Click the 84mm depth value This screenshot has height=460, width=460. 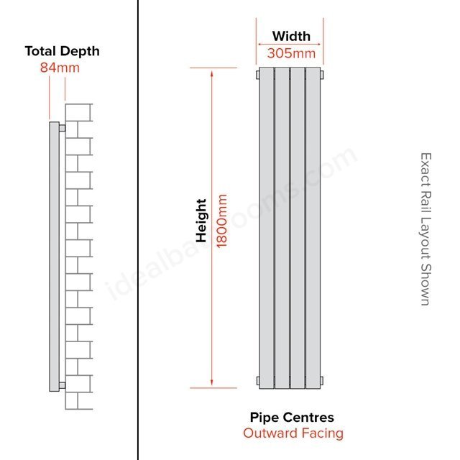60,68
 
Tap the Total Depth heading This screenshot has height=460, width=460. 63,51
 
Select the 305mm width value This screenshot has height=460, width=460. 291,53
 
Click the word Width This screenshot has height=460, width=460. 291,37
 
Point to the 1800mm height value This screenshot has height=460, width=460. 222,221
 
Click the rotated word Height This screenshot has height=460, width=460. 201,221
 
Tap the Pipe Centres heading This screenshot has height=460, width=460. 292,417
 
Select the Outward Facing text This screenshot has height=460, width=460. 293,433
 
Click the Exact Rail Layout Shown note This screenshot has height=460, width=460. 425,229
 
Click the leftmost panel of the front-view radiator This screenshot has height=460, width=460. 267,228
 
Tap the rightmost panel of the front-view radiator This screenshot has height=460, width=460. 313,228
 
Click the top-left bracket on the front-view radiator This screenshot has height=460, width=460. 258,75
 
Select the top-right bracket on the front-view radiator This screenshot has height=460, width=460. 322,75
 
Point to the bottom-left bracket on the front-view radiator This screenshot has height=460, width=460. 258,381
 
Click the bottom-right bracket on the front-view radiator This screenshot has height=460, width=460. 322,381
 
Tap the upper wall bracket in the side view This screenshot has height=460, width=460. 63,128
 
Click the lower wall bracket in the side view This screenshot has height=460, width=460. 63,385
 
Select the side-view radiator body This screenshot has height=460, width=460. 55,257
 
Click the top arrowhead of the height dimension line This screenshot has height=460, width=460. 211,73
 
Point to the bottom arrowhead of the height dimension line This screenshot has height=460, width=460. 211,382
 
